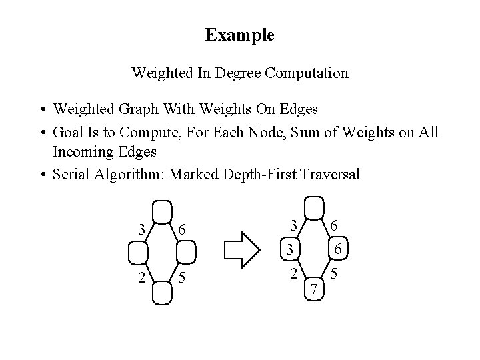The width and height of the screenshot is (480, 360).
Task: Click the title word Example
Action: point(239,35)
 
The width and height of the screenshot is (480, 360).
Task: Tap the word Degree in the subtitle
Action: point(237,73)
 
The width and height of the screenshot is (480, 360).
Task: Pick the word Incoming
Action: point(83,151)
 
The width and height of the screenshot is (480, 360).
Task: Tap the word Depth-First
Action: point(258,175)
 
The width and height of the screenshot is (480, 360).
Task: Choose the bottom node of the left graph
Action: point(162,294)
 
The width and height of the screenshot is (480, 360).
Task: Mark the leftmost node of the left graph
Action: point(137,253)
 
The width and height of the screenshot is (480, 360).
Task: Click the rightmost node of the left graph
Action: point(187,253)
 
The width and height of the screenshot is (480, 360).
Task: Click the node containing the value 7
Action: point(313,290)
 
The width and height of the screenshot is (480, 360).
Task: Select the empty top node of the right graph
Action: point(313,207)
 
